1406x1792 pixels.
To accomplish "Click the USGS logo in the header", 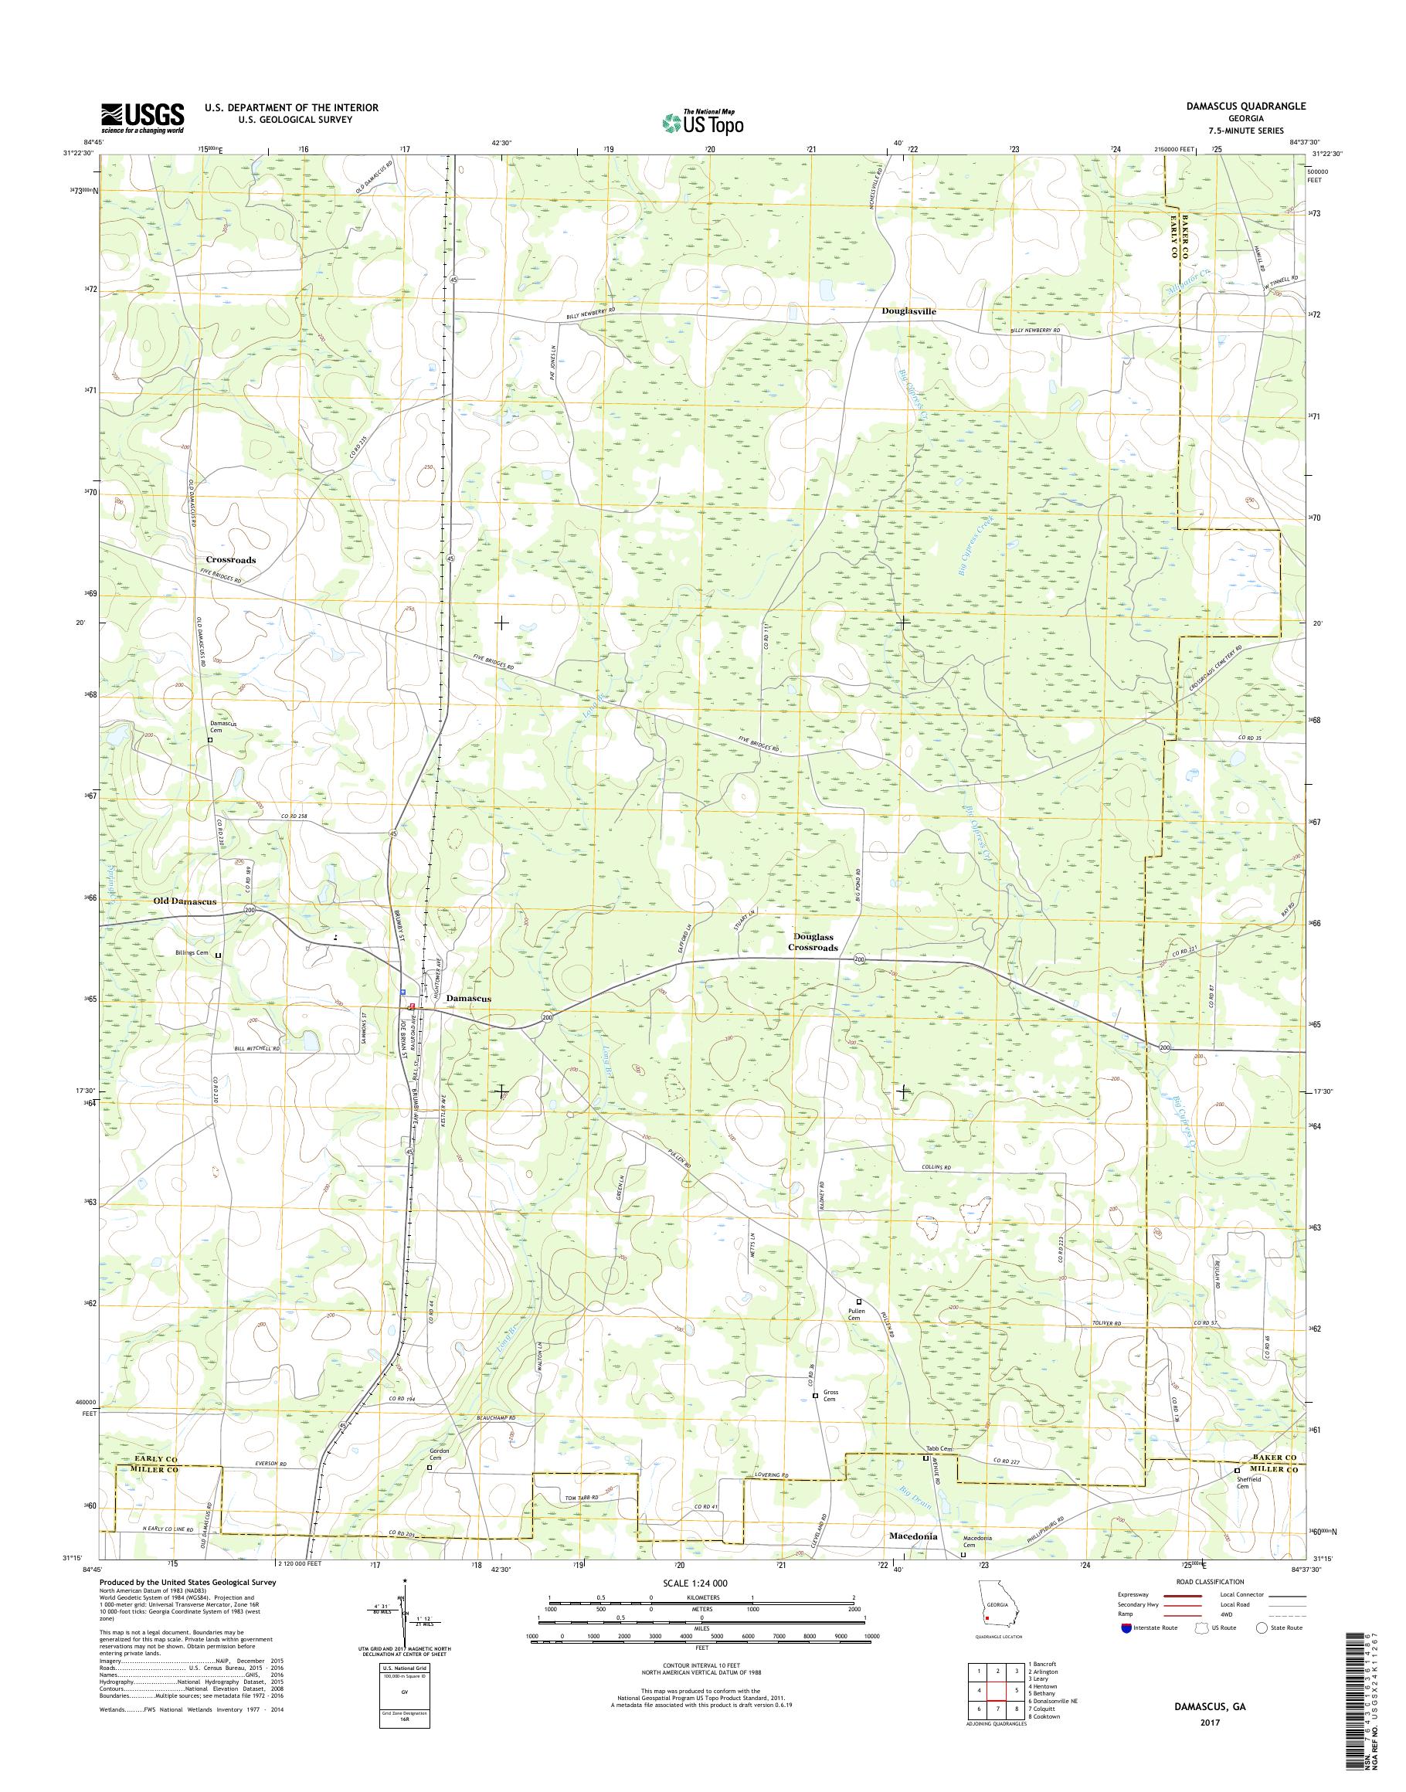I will pos(142,117).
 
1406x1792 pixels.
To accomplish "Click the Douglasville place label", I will pos(908,312).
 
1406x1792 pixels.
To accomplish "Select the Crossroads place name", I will pos(230,560).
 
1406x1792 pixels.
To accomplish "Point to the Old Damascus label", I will pos(185,901).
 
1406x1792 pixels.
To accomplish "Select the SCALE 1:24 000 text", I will pos(695,1583).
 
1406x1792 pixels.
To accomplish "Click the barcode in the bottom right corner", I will pos(1373,1692).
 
